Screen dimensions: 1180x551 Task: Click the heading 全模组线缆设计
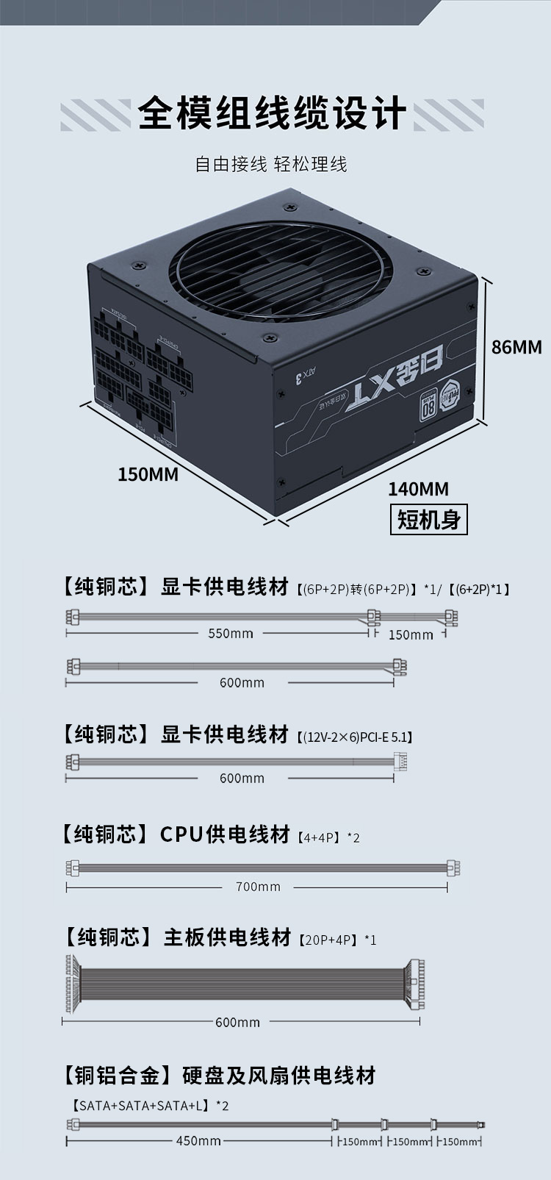[x=272, y=114]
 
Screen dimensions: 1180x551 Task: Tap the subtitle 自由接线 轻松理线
[x=270, y=164]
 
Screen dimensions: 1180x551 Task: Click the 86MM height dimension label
[x=516, y=347]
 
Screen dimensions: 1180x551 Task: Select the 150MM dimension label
[x=148, y=474]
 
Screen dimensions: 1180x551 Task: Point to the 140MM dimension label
[x=418, y=489]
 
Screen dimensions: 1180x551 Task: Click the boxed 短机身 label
[x=428, y=519]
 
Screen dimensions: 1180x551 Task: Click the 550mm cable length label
[x=230, y=634]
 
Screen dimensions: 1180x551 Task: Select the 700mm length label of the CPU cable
[x=258, y=887]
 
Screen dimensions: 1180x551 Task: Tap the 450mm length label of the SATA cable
[x=198, y=1141]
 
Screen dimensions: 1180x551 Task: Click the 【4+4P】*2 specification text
[x=328, y=837]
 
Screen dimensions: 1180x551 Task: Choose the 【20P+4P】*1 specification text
[x=337, y=940]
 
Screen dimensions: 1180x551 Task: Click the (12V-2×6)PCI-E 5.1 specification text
[x=355, y=737]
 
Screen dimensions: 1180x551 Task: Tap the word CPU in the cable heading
[x=181, y=834]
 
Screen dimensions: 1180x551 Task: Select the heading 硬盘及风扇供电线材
[x=279, y=1076]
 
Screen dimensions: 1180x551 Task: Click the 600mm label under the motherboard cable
[x=237, y=1022]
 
